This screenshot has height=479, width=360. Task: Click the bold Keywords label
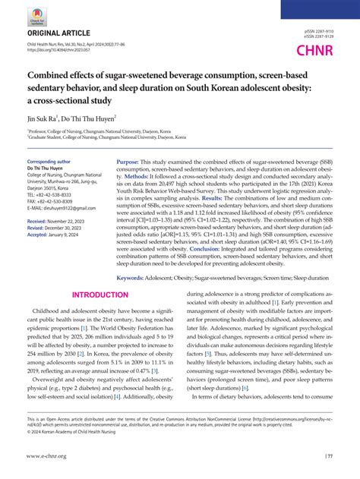point(134,278)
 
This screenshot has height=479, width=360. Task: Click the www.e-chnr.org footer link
point(48,456)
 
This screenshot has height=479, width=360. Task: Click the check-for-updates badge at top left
point(38,15)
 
